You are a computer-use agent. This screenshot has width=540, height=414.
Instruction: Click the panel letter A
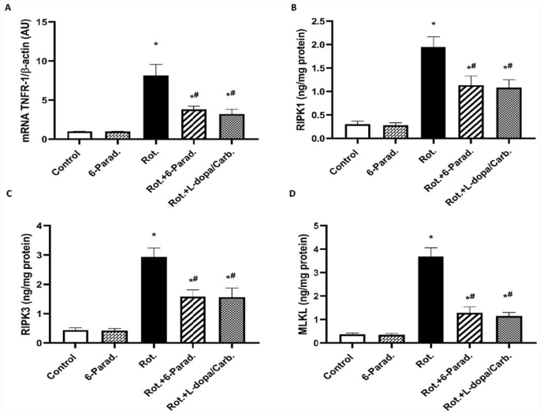click(6, 7)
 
